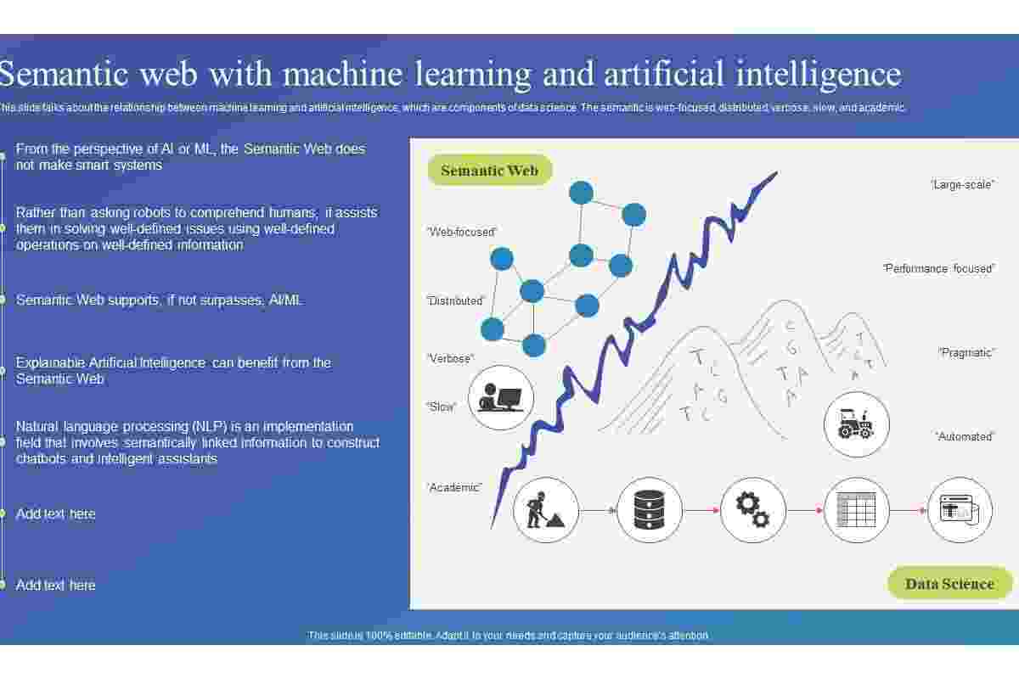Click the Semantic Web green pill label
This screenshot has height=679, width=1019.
point(490,170)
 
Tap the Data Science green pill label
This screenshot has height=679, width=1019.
point(950,583)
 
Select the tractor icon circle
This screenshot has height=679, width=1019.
point(857,424)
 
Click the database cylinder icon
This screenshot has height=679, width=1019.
point(649,510)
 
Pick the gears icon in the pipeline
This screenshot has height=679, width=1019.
point(753,510)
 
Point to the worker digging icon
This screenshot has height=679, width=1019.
point(545,510)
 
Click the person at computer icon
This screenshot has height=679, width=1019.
point(500,397)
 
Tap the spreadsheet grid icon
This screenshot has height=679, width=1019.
point(856,510)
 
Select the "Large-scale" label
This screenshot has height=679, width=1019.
point(962,185)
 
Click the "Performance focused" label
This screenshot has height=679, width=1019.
point(939,268)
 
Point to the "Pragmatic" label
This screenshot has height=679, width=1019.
point(967,352)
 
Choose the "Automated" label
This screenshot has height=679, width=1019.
point(965,436)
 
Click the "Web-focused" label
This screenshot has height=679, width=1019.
point(462,232)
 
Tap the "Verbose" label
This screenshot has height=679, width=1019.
point(451,358)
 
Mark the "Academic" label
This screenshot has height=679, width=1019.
point(454,487)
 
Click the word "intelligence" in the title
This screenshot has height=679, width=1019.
point(819,75)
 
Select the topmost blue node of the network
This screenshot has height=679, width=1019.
point(581,193)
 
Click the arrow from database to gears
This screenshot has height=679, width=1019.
point(701,511)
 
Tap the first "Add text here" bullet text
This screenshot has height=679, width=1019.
point(55,513)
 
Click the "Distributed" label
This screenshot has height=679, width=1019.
point(456,300)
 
